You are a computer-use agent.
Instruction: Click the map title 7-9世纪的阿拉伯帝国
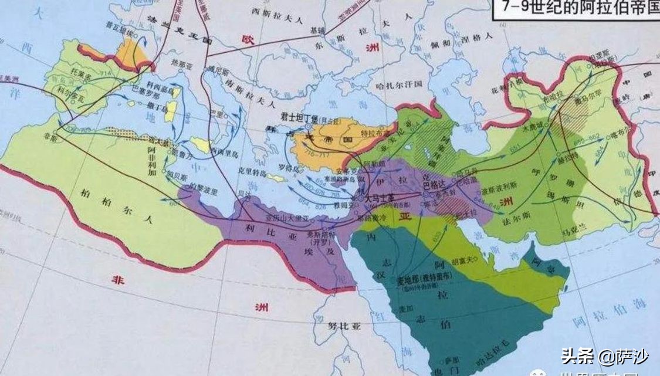575,8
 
